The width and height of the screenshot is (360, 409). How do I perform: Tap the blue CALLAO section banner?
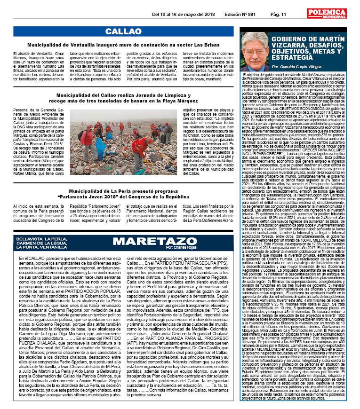[120, 31]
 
